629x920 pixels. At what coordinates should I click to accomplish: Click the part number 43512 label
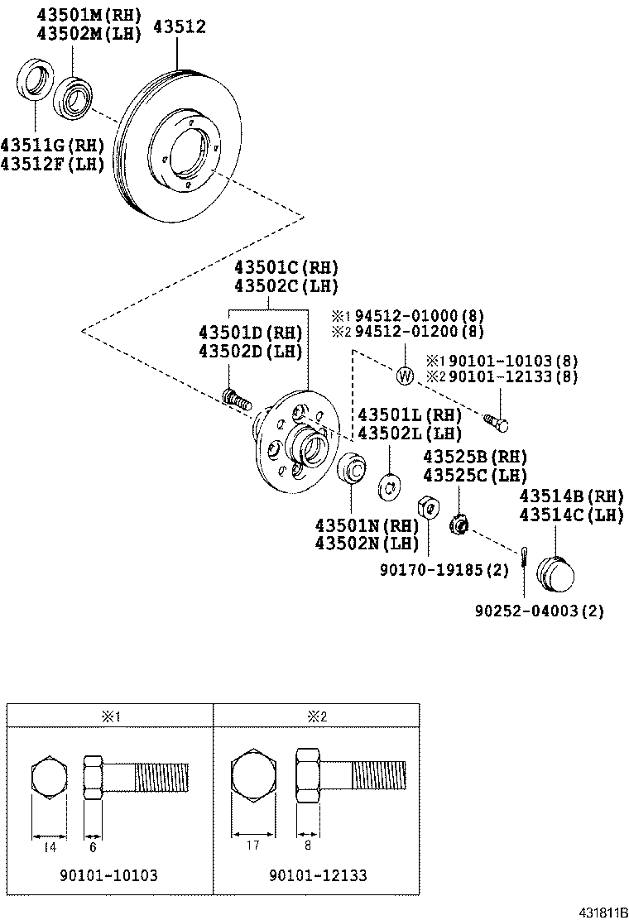point(177,28)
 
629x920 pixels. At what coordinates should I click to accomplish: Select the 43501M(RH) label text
point(89,14)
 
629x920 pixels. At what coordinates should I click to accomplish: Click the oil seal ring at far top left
point(34,82)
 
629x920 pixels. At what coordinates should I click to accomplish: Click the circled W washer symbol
point(405,376)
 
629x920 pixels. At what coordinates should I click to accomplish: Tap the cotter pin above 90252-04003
point(525,558)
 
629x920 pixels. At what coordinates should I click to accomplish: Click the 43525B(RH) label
point(475,457)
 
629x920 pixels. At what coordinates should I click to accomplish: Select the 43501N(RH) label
point(367,525)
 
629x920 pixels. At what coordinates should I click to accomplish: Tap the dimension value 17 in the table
point(252,845)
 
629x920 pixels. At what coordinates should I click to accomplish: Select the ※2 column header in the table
point(318,716)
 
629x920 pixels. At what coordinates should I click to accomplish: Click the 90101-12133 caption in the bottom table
point(318,875)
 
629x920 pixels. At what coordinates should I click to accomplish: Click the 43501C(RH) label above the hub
point(286,268)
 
